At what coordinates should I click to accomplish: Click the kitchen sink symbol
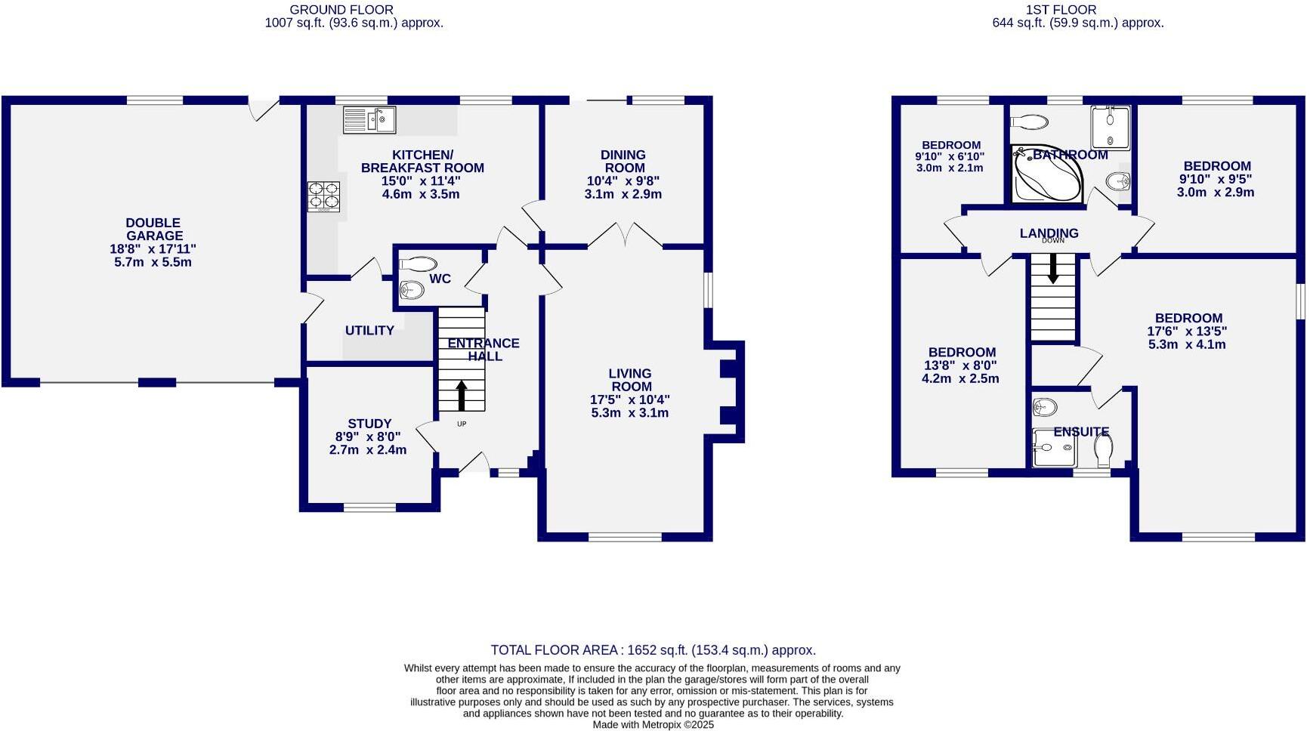(x=369, y=119)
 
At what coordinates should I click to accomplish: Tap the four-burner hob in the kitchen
(x=323, y=196)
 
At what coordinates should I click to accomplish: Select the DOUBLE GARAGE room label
(x=153, y=229)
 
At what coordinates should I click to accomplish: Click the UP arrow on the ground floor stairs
(x=462, y=395)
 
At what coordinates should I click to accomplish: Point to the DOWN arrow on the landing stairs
(x=1052, y=269)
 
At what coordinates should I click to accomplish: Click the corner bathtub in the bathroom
(x=1043, y=175)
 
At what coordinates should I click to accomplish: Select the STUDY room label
(x=369, y=424)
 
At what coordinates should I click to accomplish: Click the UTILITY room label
(x=369, y=331)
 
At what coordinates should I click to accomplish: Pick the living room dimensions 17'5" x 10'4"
(x=629, y=399)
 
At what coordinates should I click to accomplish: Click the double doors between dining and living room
(x=626, y=236)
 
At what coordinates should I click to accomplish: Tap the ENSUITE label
(x=1081, y=432)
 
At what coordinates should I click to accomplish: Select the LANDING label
(x=1049, y=233)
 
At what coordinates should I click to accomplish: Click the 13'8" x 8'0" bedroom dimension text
(x=961, y=365)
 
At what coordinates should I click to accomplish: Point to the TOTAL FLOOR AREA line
(x=653, y=650)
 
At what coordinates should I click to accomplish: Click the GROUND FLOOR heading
(x=341, y=10)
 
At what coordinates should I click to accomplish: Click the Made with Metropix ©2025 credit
(x=653, y=725)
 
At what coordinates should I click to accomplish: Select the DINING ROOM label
(x=623, y=162)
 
